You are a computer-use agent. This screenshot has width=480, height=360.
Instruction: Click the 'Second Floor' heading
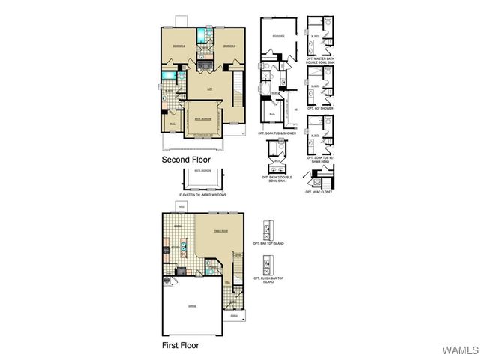point(186,160)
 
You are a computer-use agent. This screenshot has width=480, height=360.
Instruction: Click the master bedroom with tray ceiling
point(202,118)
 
